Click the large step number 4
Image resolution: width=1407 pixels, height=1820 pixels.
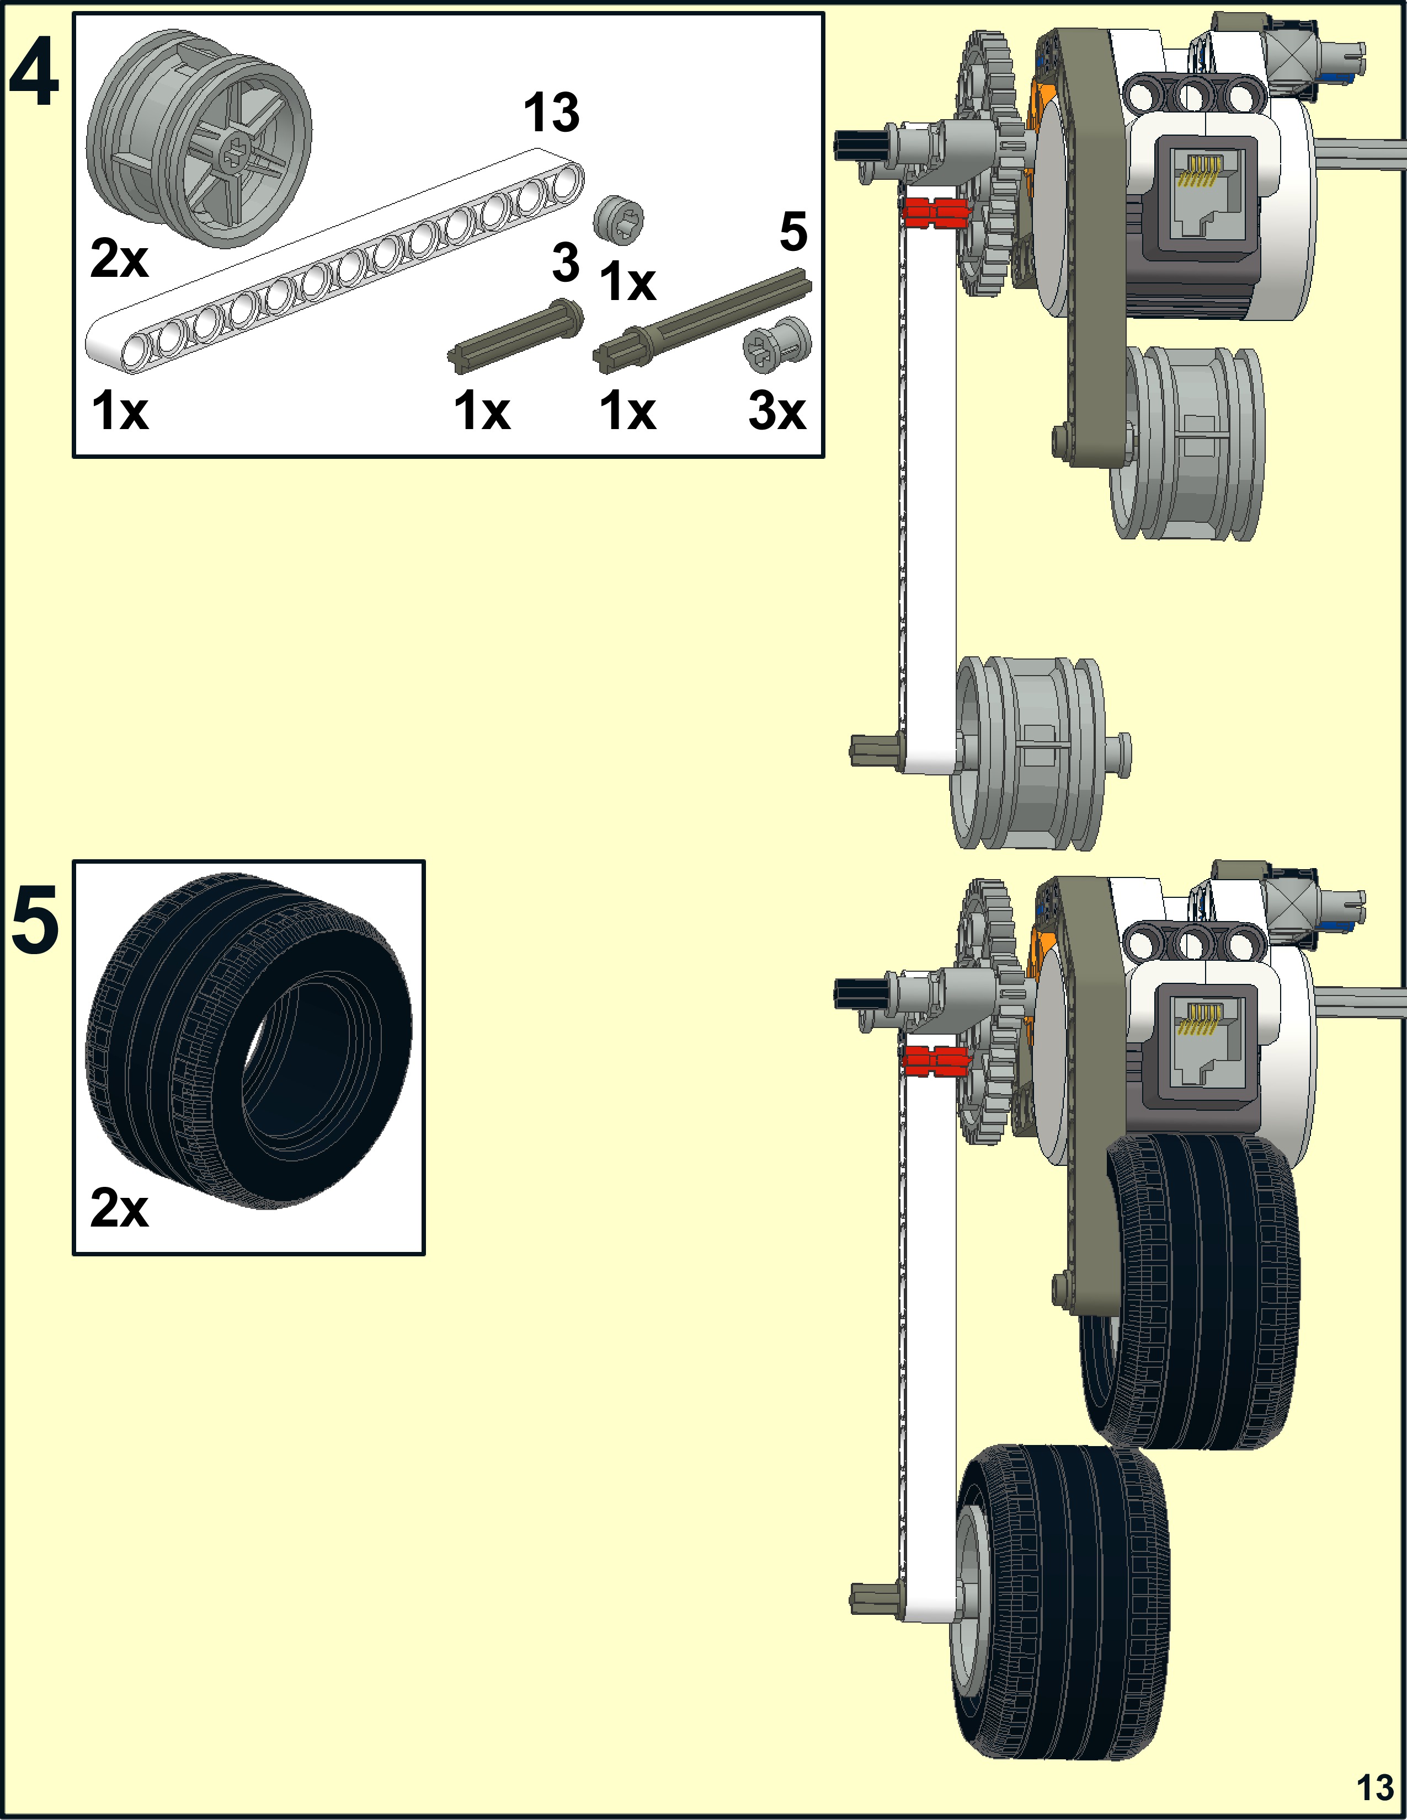click(x=34, y=74)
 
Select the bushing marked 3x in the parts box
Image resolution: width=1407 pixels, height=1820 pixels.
click(x=777, y=344)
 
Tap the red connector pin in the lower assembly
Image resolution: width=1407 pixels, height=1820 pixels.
click(x=935, y=1060)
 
